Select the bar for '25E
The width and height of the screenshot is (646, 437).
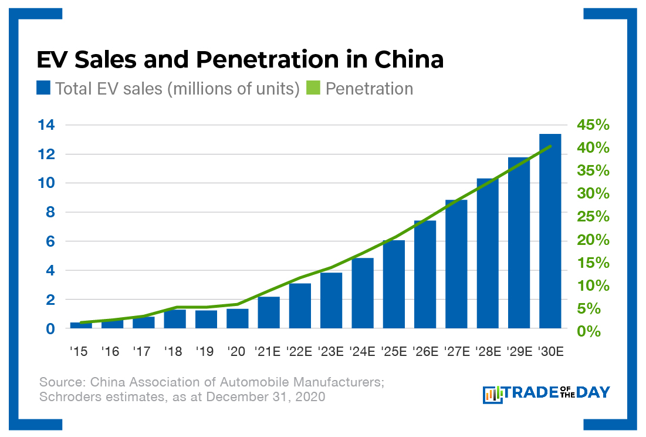coord(394,284)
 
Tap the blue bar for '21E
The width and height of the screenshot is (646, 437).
coord(269,312)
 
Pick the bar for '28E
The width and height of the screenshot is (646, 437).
coord(488,253)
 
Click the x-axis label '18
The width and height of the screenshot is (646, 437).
coord(174,351)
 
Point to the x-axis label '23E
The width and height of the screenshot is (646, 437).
coord(330,351)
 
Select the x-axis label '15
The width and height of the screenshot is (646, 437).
coord(79,351)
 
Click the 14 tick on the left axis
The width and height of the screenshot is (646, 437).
coord(46,125)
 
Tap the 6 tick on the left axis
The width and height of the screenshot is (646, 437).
coord(50,241)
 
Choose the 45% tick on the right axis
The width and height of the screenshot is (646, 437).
coord(593,125)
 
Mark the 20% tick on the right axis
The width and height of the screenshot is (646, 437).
coord(593,240)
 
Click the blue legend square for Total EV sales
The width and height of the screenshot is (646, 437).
coord(43,89)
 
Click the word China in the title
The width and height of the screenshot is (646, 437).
coord(409,60)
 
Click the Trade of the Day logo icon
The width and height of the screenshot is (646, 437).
coord(493,394)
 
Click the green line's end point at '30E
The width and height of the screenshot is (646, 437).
coord(550,146)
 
